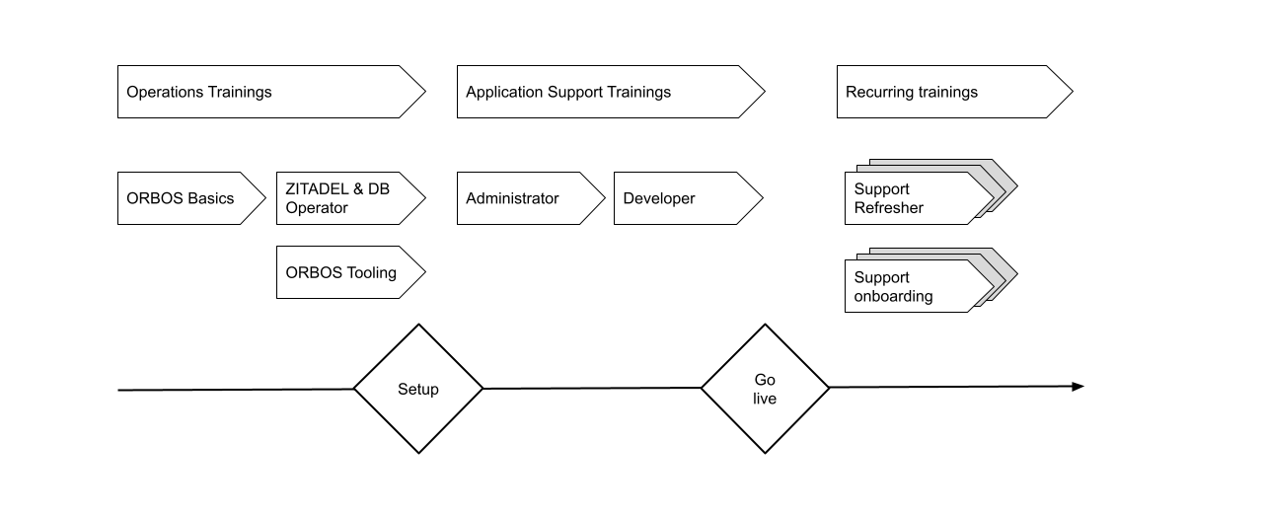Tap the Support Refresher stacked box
point(919,198)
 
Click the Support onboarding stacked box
point(919,286)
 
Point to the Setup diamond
point(418,389)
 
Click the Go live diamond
point(765,389)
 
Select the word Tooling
point(371,273)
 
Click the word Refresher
point(888,208)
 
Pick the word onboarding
point(893,296)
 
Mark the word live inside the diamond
point(765,399)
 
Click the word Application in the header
point(504,92)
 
